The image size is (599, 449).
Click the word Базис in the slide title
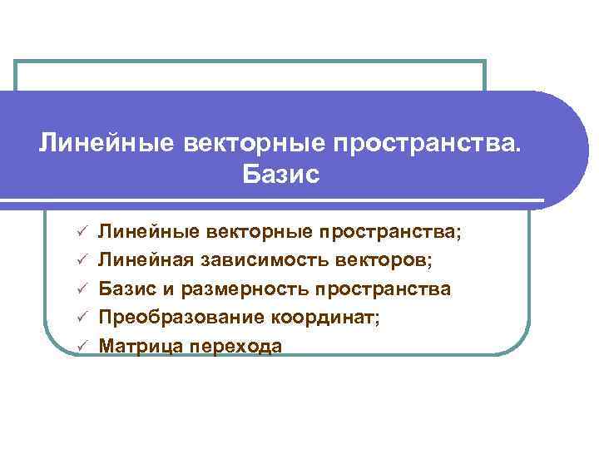pos(280,175)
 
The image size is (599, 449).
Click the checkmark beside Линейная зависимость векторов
pos(82,262)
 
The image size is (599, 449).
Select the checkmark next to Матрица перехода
pos(82,347)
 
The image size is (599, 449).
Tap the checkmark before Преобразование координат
pos(82,318)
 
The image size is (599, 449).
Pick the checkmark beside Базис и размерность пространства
pos(82,290)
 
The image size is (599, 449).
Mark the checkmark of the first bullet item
pos(82,234)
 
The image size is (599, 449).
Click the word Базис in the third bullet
pos(124,289)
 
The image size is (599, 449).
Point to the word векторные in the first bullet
pos(257,233)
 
